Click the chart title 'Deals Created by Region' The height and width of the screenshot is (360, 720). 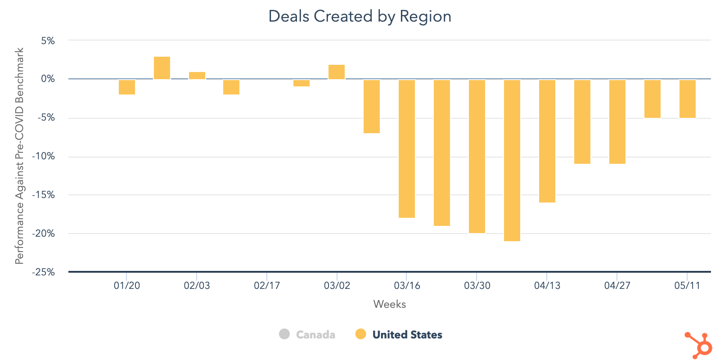click(360, 17)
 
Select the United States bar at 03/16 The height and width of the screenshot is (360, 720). click(407, 148)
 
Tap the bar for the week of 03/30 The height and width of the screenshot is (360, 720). click(477, 156)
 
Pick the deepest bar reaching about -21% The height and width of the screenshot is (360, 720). click(512, 160)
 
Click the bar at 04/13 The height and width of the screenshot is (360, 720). click(547, 141)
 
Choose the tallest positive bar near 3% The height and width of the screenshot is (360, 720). click(162, 68)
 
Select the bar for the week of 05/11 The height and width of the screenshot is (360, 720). click(688, 99)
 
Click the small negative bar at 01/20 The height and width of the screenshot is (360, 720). click(127, 87)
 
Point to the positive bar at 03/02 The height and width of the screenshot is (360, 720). click(337, 72)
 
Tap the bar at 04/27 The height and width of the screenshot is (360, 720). click(617, 121)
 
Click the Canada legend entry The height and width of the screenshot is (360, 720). click(307, 334)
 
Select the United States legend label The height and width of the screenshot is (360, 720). click(407, 334)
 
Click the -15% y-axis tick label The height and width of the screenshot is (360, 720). click(43, 195)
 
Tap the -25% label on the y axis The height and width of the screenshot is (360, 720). click(43, 272)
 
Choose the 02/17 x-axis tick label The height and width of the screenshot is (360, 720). click(267, 285)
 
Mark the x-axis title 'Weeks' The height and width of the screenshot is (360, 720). click(390, 304)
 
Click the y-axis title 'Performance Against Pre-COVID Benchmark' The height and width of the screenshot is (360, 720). click(19, 156)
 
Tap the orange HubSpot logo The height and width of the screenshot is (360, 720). click(698, 346)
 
